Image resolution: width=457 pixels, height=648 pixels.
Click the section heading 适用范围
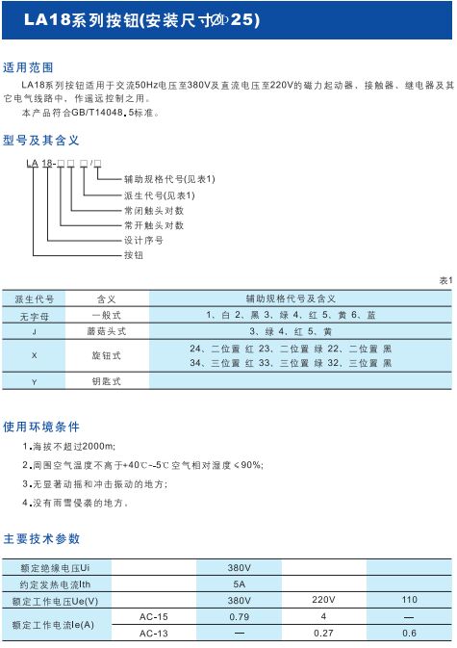(29, 67)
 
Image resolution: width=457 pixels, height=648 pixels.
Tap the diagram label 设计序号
(143, 240)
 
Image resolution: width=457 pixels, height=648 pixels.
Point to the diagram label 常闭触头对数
(154, 210)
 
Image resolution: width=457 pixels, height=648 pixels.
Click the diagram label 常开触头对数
(154, 225)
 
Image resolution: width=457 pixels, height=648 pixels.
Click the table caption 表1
(444, 280)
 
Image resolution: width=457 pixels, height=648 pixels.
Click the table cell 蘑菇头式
(105, 329)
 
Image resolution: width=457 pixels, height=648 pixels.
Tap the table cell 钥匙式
(105, 381)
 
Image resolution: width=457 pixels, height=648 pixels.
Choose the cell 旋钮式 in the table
(105, 355)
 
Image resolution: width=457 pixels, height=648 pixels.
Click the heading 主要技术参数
(41, 538)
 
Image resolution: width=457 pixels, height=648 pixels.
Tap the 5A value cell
(239, 583)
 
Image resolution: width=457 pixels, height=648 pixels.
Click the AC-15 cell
(153, 616)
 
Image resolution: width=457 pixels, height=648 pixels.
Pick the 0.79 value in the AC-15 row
(239, 616)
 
